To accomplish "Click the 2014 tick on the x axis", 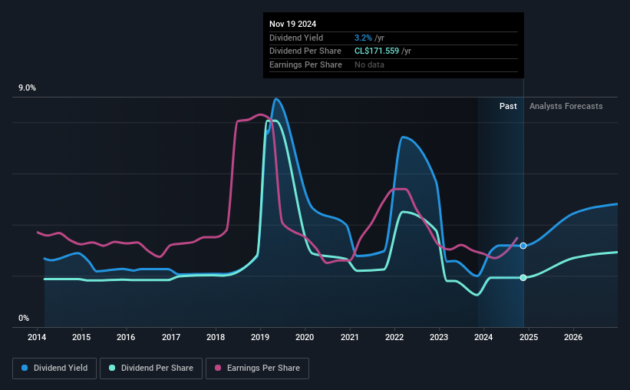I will pos(38,337).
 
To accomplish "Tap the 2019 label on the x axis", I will pos(260,337).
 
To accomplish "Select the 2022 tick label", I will pos(394,337).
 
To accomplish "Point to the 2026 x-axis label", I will pos(572,337).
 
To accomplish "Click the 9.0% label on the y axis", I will pos(28,88).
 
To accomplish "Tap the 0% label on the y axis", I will pos(24,318).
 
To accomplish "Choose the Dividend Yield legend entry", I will pos(54,369).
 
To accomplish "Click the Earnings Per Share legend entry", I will pos(258,369).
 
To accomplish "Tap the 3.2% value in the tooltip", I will pos(364,38).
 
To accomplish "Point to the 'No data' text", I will pos(369,64).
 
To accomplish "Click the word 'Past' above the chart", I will pos(508,106).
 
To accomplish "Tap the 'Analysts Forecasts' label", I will pos(566,106).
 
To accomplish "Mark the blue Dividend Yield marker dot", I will pos(523,246).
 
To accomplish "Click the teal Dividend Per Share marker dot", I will pos(523,277).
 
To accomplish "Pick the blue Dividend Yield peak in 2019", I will pos(275,98).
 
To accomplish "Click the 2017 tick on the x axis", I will pos(171,337).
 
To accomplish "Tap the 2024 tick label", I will pos(483,337).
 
